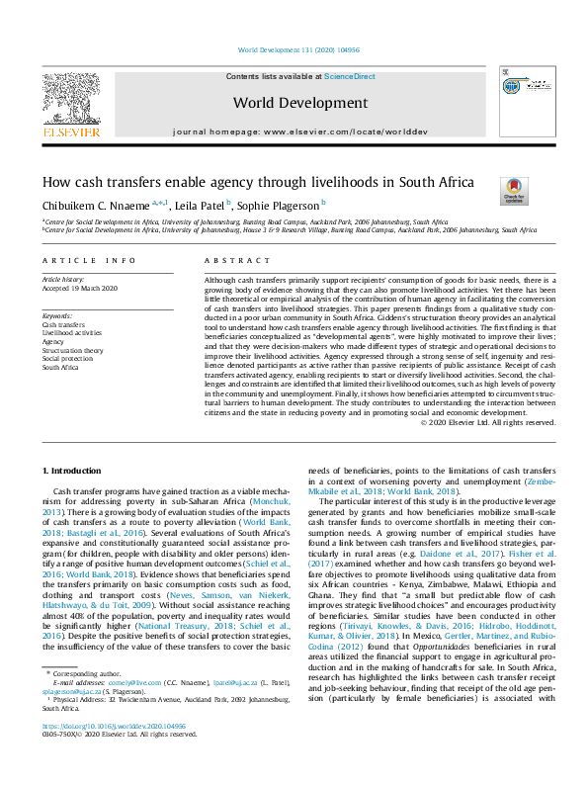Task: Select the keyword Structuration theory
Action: point(72,350)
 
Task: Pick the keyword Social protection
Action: point(66,358)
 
